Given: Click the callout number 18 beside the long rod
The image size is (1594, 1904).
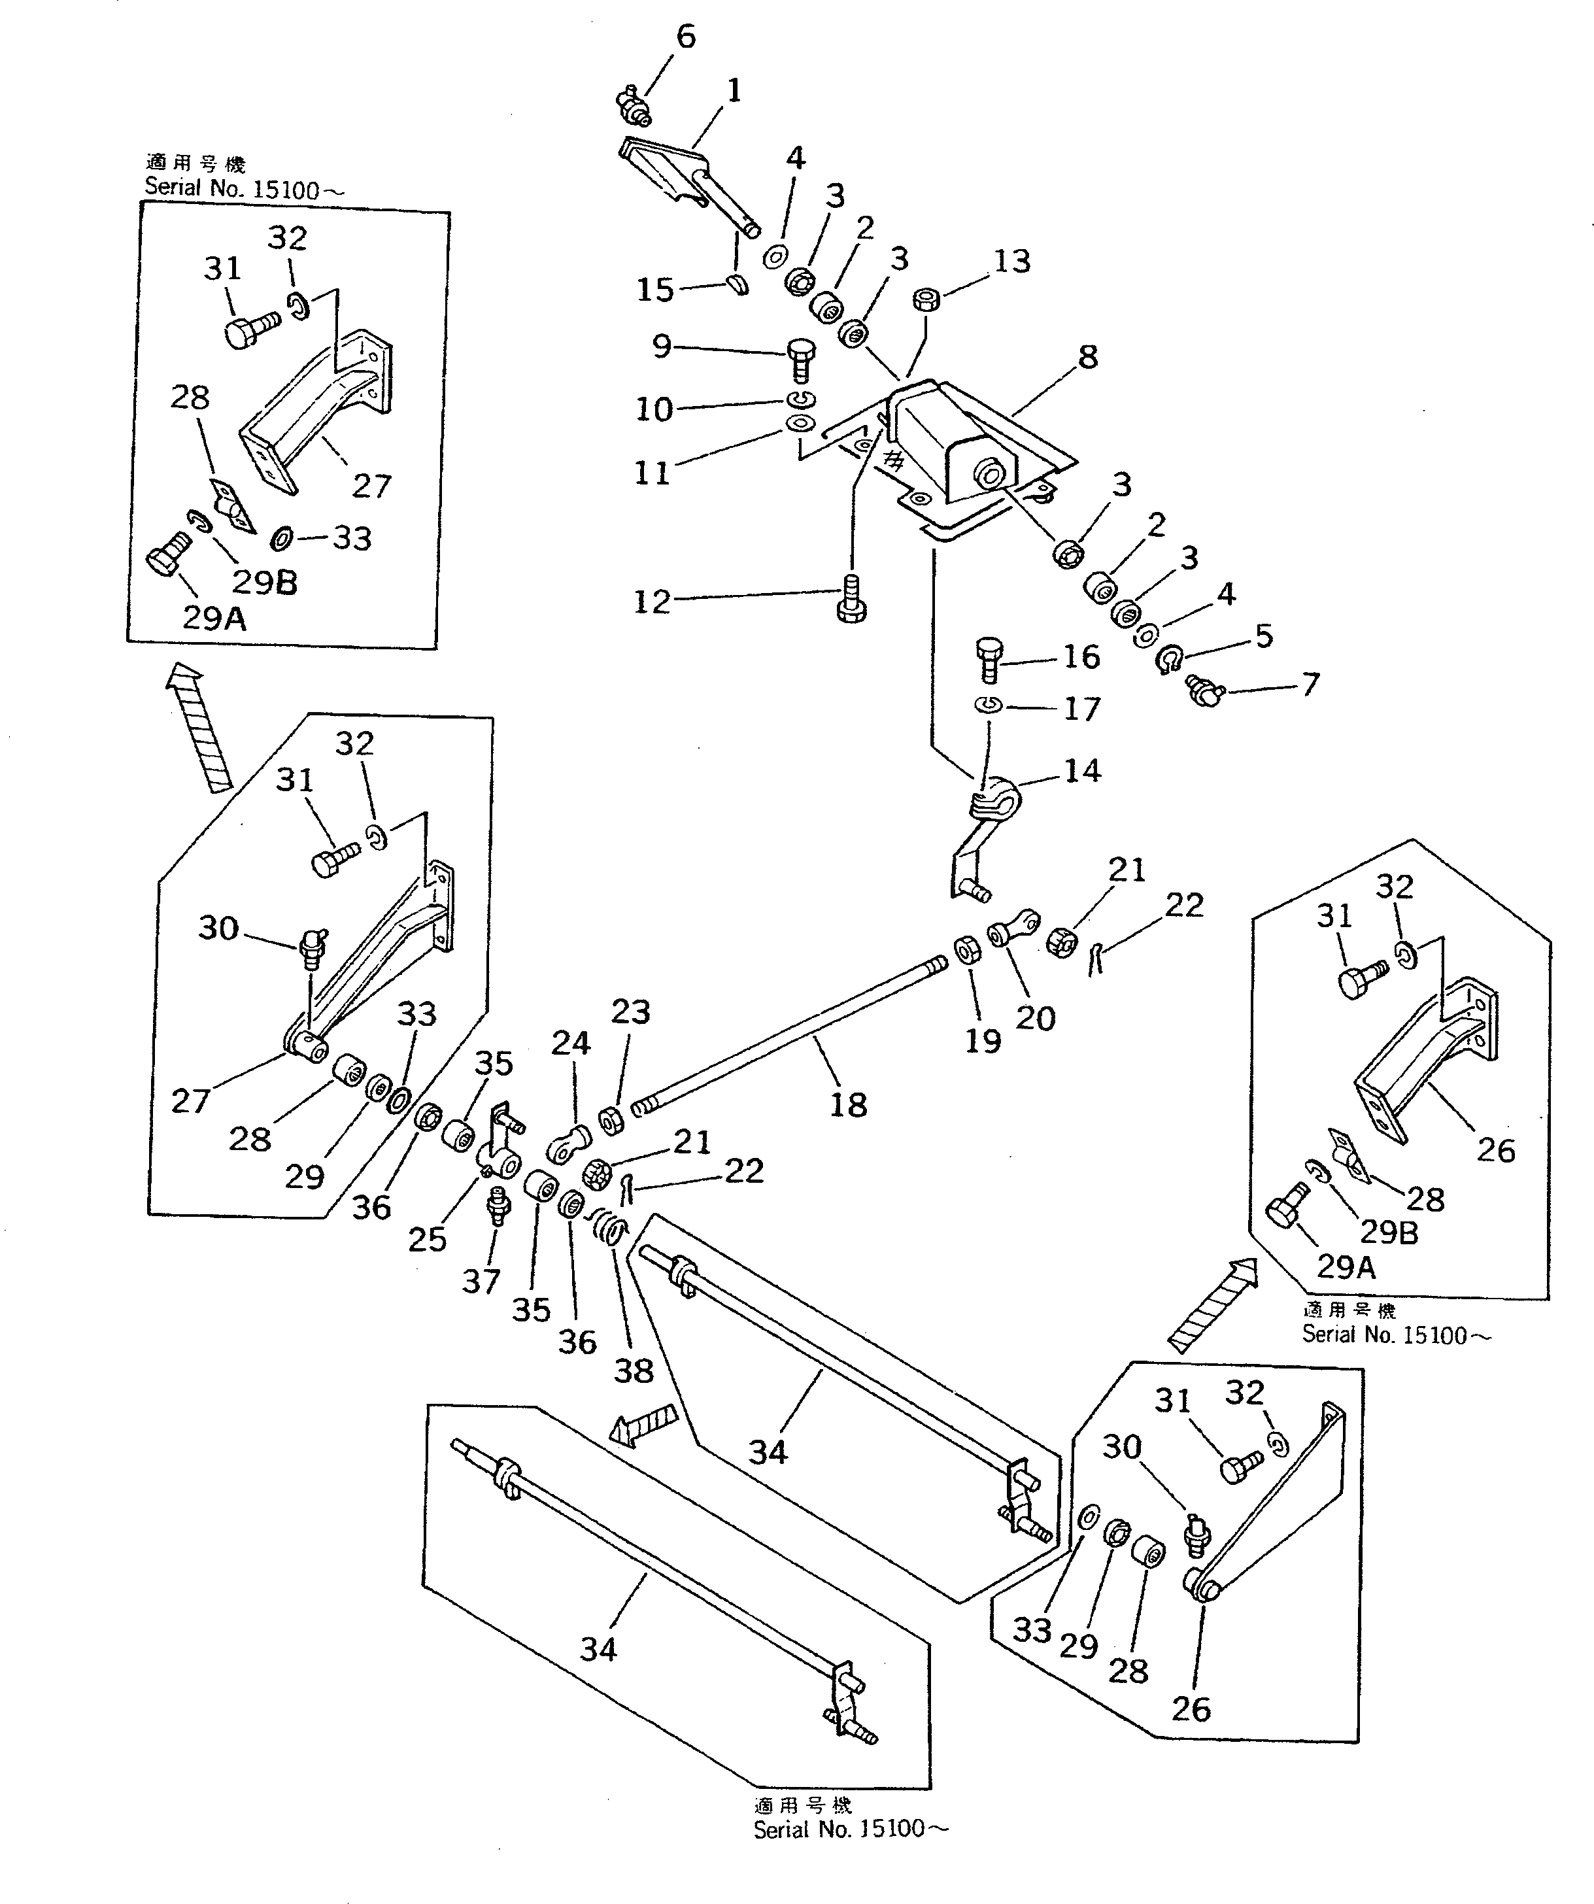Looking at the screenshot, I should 848,1104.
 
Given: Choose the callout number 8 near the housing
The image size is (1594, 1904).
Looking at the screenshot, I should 1088,356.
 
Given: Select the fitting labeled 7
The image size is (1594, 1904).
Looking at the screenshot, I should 1206,694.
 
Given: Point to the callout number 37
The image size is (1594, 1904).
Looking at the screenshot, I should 481,1281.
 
